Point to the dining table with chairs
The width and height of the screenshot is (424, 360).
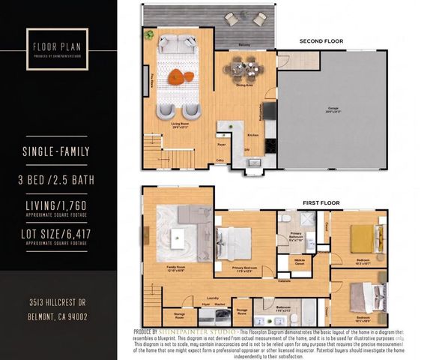(243, 70)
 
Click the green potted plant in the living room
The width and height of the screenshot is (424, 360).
(150, 34)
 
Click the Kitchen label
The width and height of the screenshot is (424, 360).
(253, 135)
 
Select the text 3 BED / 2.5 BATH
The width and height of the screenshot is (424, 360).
(57, 179)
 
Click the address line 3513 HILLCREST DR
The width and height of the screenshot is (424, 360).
(57, 302)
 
